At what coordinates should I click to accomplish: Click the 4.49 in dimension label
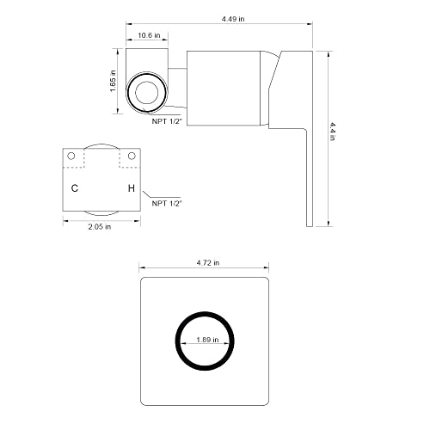233,19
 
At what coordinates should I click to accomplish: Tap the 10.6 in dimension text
149,35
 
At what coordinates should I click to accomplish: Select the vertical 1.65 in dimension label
113,81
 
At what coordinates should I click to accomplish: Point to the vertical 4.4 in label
332,132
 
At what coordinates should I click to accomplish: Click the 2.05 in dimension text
100,227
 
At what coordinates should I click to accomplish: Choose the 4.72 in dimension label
208,262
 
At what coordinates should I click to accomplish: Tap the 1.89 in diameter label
207,340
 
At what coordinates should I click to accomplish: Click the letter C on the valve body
75,188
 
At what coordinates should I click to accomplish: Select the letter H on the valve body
132,188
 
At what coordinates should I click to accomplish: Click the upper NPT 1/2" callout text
167,121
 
